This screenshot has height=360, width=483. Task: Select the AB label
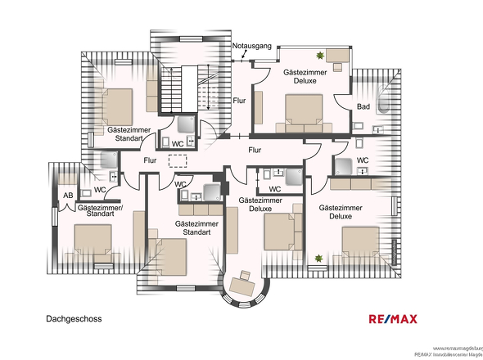point(68,195)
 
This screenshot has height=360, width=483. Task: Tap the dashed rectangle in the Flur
point(177,161)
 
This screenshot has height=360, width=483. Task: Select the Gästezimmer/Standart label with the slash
point(98,212)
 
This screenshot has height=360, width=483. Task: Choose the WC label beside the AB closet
point(100,190)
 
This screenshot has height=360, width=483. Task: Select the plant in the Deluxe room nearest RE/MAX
point(318,259)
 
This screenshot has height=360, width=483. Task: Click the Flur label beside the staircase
point(239,101)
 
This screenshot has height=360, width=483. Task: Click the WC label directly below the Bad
point(363,160)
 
